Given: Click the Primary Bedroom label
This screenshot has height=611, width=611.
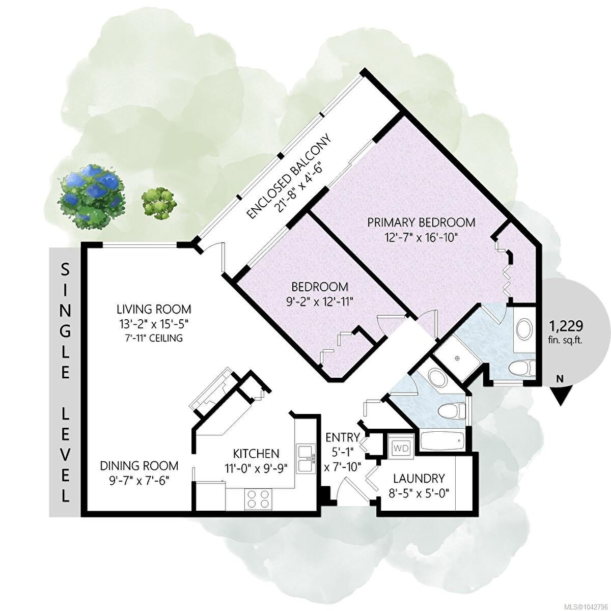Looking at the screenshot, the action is click(x=421, y=223).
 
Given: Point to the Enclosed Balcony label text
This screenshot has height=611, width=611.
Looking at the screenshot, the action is click(x=288, y=177).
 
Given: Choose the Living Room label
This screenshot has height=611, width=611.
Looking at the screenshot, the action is click(x=154, y=309).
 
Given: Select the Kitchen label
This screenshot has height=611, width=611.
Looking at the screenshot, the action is click(x=256, y=454).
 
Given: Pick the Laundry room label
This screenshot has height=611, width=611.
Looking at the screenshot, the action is click(x=419, y=478).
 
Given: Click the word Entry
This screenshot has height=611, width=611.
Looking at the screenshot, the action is click(x=343, y=437).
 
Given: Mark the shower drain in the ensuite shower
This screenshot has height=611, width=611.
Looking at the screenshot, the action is click(x=457, y=358).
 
